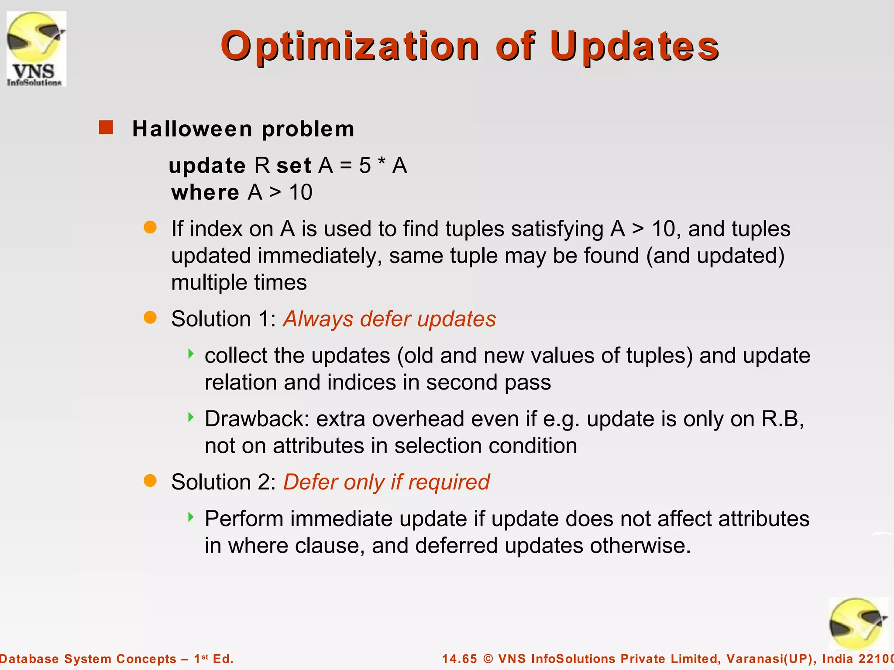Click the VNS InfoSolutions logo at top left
(x=37, y=49)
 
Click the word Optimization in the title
(x=350, y=47)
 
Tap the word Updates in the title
(x=634, y=47)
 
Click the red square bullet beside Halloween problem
(x=106, y=128)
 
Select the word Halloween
(x=192, y=129)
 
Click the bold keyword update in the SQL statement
(x=207, y=166)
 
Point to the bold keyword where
(x=205, y=192)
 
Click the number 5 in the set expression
(x=365, y=166)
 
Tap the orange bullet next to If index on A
(x=150, y=227)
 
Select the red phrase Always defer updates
(x=389, y=319)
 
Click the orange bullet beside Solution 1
(x=150, y=318)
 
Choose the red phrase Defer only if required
(x=386, y=482)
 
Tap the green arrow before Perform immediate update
(x=191, y=517)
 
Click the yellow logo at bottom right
(x=858, y=624)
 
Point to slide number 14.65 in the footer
(x=460, y=659)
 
